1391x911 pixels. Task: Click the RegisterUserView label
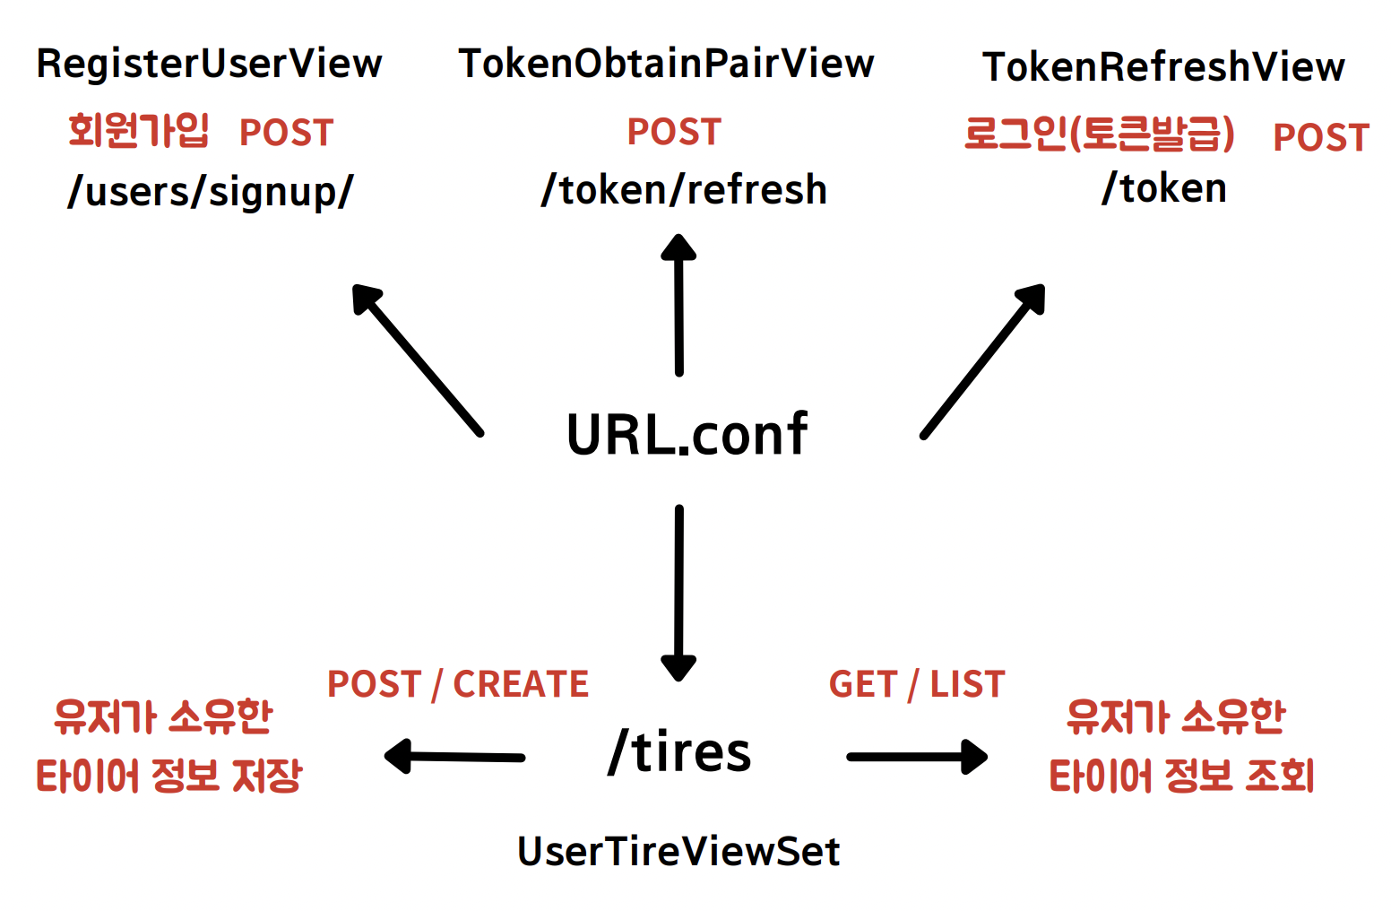point(209,64)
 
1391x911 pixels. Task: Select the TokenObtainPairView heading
point(666,64)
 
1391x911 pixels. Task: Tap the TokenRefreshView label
point(1163,67)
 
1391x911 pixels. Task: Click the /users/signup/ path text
point(211,191)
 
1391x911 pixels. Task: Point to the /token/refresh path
point(684,190)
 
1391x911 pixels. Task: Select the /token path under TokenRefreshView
point(1163,188)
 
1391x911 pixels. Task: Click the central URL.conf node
point(687,434)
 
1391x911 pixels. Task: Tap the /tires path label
point(679,751)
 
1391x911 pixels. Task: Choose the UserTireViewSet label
point(678,851)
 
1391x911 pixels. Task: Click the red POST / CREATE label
point(457,684)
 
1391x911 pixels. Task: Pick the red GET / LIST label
point(916,684)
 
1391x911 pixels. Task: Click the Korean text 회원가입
point(139,131)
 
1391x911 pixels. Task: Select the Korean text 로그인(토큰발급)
point(1099,134)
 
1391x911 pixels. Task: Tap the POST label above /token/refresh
point(674,132)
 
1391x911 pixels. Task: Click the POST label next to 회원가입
point(286,133)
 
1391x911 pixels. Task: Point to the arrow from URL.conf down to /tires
point(678,592)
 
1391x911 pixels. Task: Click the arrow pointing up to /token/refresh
point(678,305)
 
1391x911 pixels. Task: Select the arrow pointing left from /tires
point(455,757)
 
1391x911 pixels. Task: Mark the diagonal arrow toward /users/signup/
point(418,360)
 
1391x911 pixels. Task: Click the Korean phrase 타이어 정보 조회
point(1181,777)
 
